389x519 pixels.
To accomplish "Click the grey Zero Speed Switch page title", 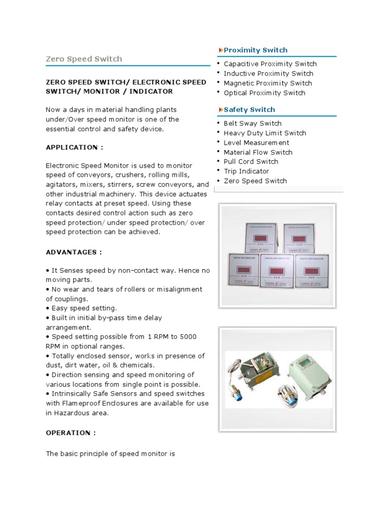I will click(84, 59).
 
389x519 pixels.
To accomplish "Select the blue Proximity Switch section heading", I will click(255, 50).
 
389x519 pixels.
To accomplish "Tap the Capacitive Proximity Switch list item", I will click(270, 64).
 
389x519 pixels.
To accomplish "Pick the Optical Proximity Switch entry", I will click(264, 93).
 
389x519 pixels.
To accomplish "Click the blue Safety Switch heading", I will click(249, 109).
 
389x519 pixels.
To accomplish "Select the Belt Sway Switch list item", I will click(252, 123).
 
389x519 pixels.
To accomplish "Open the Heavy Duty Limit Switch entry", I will click(265, 133).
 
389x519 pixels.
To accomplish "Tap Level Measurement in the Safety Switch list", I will click(256, 142).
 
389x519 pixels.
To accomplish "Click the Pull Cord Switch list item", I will click(251, 162).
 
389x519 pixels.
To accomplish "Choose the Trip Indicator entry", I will click(246, 171).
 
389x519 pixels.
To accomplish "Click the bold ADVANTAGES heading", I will click(74, 252).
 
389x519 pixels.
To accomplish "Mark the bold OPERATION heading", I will click(70, 433).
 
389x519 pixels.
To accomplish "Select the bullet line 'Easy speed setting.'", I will click(84, 308).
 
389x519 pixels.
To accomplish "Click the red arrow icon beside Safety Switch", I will click(220, 109).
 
